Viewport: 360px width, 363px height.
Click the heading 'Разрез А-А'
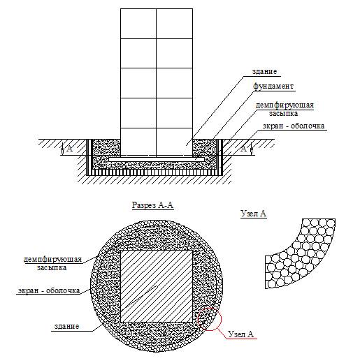(152, 205)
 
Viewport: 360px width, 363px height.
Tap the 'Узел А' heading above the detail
(253, 214)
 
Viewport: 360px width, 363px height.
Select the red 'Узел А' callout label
(240, 334)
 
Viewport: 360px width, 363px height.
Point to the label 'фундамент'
(273, 86)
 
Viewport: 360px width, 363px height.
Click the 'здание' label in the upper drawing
(264, 71)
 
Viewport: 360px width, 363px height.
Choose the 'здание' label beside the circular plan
(66, 326)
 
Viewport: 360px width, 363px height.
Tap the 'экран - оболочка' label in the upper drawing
(294, 126)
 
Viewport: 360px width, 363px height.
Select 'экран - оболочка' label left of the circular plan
(49, 290)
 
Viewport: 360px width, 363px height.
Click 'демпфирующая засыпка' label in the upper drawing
(285, 109)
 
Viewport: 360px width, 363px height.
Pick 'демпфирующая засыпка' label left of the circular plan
(52, 263)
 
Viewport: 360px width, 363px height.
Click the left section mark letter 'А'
(70, 148)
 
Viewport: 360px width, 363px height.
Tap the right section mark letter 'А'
(243, 148)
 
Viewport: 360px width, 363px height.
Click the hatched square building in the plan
(157, 286)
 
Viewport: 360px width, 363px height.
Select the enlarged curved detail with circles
(301, 253)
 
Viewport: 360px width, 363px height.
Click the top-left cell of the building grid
(138, 24)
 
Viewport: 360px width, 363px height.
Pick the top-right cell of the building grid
(175, 24)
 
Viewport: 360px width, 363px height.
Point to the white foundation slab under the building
(157, 160)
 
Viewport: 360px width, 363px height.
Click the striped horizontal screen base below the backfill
(154, 172)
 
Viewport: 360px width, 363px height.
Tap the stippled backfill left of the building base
(106, 148)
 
